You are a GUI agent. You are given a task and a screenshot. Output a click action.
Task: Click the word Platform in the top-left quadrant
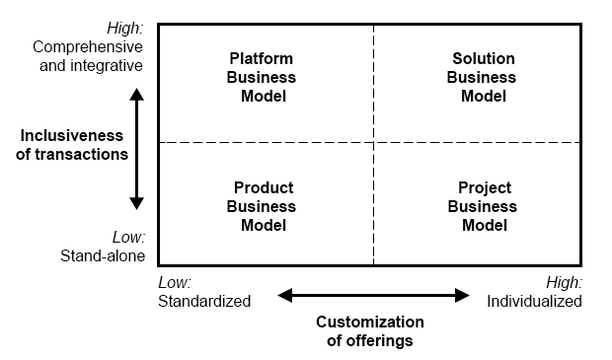[x=262, y=58]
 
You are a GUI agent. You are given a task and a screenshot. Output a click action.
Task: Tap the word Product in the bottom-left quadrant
[x=263, y=187]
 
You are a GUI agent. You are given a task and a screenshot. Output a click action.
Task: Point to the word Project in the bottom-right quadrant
[x=484, y=187]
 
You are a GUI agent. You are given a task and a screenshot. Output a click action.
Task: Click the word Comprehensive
[x=88, y=46]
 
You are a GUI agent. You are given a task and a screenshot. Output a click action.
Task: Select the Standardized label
[x=204, y=301]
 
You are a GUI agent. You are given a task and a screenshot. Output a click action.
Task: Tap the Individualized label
[x=534, y=301]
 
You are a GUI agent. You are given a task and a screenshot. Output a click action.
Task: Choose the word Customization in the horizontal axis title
[x=369, y=323]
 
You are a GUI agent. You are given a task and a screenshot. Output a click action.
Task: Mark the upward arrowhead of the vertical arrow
[x=137, y=94]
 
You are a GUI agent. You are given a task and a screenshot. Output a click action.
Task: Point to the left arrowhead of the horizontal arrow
[x=284, y=295]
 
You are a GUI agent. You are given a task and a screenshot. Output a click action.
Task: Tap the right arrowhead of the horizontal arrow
[x=462, y=295]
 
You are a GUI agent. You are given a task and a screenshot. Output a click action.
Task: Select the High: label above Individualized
[x=566, y=282]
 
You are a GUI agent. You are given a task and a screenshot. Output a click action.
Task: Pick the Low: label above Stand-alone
[x=128, y=238]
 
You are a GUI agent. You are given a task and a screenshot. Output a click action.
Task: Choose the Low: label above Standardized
[x=174, y=282]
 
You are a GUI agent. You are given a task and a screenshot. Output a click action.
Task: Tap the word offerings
[x=369, y=341]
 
